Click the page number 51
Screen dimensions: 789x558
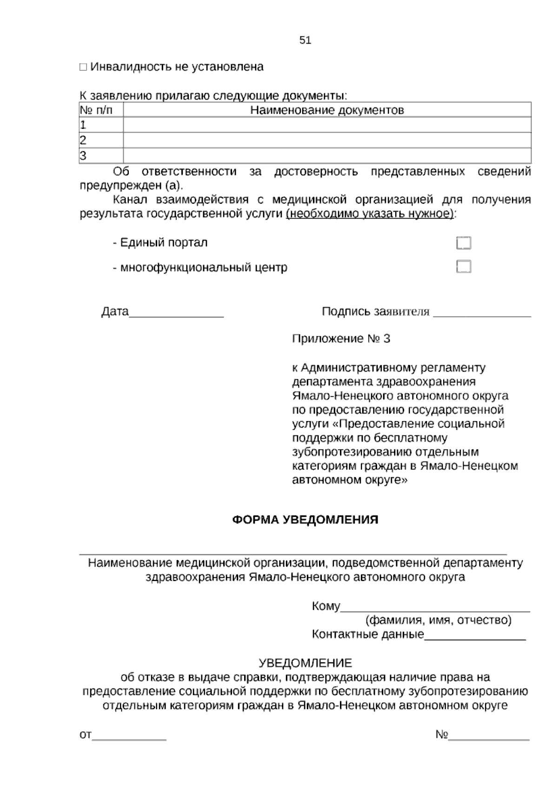(305, 40)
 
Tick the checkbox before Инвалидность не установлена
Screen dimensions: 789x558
(83, 67)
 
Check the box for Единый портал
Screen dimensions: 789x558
(464, 243)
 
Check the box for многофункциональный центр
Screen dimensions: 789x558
(464, 267)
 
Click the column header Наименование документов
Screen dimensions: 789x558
(327, 110)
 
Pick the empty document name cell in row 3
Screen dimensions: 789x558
(327, 155)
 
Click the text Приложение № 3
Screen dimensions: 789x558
(341, 339)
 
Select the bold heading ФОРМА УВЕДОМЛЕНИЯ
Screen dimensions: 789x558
(305, 520)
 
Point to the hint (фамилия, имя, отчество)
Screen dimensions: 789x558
(438, 620)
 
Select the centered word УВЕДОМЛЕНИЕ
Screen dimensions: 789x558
(305, 663)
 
